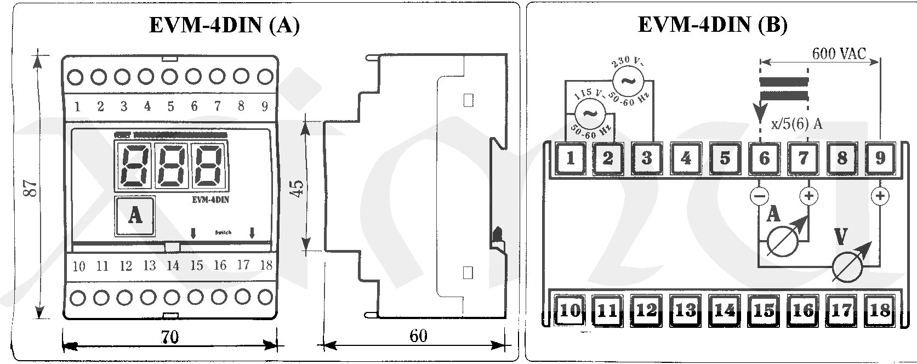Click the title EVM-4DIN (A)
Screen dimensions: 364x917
click(x=224, y=26)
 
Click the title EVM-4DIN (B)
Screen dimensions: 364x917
click(x=713, y=25)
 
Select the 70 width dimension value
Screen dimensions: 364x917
click(x=170, y=336)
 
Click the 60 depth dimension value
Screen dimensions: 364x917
click(x=418, y=335)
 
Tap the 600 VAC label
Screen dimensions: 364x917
click(x=839, y=53)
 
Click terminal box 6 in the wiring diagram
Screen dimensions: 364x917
click(x=764, y=158)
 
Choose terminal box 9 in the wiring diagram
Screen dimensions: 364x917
click(x=880, y=158)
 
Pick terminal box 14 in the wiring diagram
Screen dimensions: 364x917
click(x=725, y=311)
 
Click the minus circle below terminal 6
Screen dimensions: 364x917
click(x=759, y=196)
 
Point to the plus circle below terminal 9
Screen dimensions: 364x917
click(x=880, y=196)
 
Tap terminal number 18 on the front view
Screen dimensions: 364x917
click(x=266, y=265)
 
